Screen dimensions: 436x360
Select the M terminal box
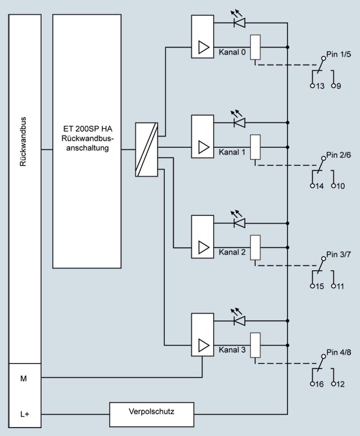click(24, 379)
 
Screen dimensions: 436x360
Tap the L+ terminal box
click(24, 415)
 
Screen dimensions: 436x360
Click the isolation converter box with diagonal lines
click(147, 149)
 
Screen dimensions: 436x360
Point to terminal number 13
click(319, 87)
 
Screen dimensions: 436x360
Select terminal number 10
click(341, 186)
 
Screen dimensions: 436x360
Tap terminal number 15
click(319, 286)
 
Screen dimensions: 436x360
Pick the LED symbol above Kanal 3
click(239, 320)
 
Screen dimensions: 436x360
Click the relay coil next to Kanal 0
click(255, 47)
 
